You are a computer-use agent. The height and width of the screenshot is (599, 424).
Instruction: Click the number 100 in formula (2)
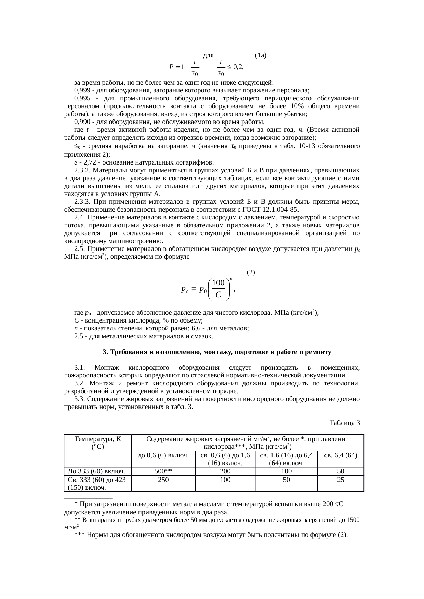218,283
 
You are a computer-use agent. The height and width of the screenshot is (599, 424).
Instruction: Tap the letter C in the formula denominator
218,296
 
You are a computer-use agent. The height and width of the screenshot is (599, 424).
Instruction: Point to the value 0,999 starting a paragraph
81,90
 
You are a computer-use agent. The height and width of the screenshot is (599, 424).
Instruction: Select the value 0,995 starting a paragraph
81,98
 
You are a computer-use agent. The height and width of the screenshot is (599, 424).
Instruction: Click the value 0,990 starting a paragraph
81,122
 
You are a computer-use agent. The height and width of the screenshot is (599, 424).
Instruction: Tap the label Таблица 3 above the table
345,423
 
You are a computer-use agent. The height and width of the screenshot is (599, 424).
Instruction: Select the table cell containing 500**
163,471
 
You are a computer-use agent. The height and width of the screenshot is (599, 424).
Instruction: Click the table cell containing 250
163,480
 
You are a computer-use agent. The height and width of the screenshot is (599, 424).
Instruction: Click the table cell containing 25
341,480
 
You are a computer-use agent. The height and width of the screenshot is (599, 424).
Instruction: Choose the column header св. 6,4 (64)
341,455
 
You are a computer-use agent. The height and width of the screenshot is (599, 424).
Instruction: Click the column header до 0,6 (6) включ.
163,455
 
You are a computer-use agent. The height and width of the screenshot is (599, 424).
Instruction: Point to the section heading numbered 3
217,352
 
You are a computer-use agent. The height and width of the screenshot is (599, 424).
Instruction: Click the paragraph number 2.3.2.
82,170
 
